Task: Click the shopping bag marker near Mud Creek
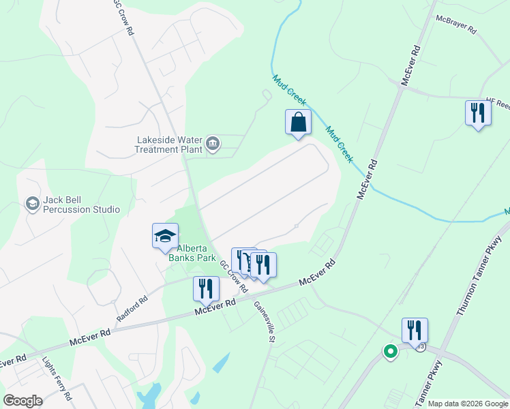pyautogui.click(x=298, y=123)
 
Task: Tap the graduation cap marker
pyautogui.click(x=165, y=236)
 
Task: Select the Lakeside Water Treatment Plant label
pyautogui.click(x=169, y=145)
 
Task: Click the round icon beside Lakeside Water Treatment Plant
pyautogui.click(x=213, y=142)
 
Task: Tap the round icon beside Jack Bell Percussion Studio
pyautogui.click(x=32, y=203)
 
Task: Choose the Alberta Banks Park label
pyautogui.click(x=192, y=254)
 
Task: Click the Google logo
pyautogui.click(x=22, y=401)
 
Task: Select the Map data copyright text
pyautogui.click(x=468, y=404)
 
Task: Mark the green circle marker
pyautogui.click(x=390, y=352)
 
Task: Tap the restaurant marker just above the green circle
pyautogui.click(x=415, y=330)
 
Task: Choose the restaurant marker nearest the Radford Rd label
pyautogui.click(x=205, y=288)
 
